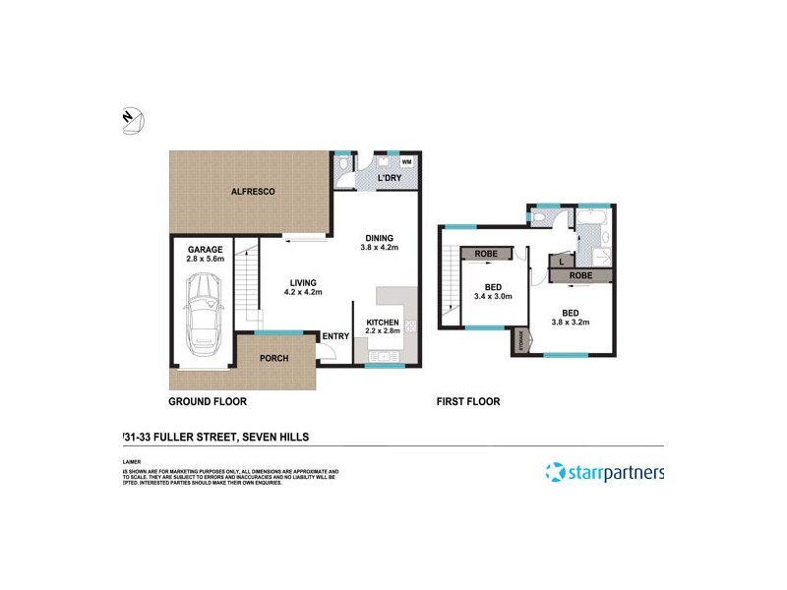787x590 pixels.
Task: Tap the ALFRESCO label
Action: [x=252, y=190]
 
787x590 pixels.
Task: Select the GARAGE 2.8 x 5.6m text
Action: [x=206, y=255]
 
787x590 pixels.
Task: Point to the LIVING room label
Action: [x=303, y=287]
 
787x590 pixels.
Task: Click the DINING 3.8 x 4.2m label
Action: [x=379, y=243]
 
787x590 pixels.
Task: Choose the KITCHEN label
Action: [x=383, y=327]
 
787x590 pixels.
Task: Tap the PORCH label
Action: [x=273, y=358]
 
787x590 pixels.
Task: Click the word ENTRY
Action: [x=335, y=336]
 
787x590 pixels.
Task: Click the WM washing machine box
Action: [x=405, y=162]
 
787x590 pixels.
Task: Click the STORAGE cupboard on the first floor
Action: [x=520, y=340]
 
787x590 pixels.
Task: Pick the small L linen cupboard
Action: [x=560, y=262]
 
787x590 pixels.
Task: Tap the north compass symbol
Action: [x=133, y=120]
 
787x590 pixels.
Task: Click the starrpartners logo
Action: [x=605, y=472]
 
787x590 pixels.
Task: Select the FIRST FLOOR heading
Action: [x=468, y=401]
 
